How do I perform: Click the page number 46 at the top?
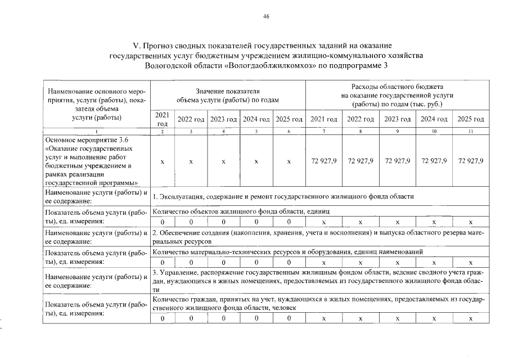266,16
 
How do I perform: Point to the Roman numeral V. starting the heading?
136,44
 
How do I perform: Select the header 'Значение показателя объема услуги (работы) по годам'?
228,95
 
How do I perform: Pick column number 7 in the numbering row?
323,131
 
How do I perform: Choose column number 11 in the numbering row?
471,131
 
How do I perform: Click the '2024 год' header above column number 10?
434,119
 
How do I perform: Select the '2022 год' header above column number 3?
191,119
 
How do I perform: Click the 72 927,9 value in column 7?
323,161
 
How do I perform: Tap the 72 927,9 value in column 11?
471,161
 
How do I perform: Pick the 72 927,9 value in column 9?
397,161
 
